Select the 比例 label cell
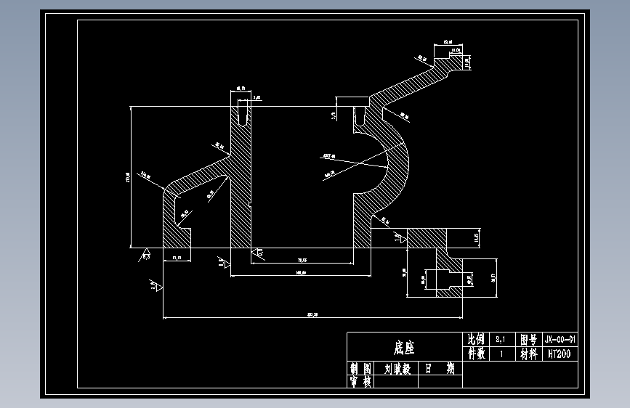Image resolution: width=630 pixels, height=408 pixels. tap(475, 339)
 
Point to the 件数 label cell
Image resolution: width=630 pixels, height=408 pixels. tap(475, 354)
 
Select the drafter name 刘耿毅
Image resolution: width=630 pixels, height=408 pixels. tap(397, 369)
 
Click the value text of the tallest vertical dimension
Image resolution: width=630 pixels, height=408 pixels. tap(127, 176)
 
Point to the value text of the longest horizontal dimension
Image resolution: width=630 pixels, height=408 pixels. tap(313, 314)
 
